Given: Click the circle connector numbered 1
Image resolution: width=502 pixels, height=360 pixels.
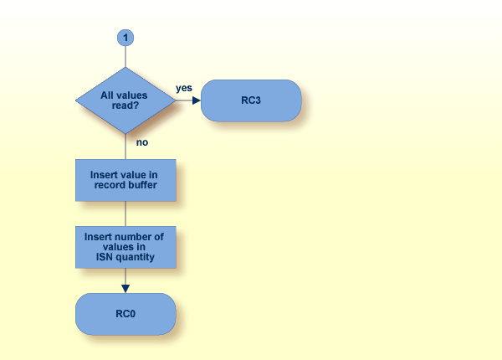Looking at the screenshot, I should point(125,38).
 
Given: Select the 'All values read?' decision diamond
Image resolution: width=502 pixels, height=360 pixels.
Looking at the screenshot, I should point(125,100).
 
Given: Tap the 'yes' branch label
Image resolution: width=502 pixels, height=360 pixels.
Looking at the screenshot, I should point(184,88).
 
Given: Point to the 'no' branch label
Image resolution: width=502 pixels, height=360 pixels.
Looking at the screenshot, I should point(142,142).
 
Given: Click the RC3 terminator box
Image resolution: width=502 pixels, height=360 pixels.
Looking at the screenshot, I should point(251,100).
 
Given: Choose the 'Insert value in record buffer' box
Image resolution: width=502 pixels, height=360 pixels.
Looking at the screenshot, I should point(125,180).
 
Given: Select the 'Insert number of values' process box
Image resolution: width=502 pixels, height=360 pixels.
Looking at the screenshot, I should point(125,247).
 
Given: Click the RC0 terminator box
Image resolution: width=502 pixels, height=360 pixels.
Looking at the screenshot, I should point(125,314).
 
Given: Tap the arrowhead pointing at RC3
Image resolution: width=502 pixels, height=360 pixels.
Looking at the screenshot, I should point(197,100).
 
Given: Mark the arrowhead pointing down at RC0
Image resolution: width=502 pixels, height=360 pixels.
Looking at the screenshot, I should point(125,288).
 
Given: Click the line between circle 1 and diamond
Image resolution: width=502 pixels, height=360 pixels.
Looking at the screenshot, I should point(125,57).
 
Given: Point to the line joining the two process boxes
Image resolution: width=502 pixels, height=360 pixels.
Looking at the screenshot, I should point(125,213).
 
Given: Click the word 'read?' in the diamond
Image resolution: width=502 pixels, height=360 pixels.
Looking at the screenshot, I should point(125,107).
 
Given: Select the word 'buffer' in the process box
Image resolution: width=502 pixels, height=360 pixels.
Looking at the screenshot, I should point(142,185).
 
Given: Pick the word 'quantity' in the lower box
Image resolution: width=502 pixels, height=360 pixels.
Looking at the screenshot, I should point(135,257).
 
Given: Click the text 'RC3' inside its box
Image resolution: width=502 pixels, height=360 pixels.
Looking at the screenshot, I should point(251,101).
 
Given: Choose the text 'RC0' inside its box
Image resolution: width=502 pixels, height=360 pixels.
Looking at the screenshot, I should point(125,315).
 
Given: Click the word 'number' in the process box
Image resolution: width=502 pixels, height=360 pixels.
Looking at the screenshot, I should point(132,237).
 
